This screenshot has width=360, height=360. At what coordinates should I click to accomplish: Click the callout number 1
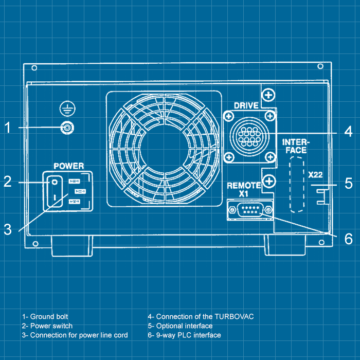coord(8,127)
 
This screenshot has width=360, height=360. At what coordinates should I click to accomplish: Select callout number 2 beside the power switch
coord(8,182)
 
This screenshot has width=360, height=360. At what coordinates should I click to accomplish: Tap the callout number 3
coord(8,230)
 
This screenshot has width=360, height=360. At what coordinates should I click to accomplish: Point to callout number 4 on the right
coord(348,131)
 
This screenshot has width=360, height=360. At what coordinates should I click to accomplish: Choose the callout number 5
coord(348,183)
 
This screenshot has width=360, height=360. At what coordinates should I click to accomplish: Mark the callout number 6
coord(348,239)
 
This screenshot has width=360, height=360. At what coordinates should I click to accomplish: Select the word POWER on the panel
coord(69,166)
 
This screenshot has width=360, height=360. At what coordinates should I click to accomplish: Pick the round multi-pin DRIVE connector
coord(249,136)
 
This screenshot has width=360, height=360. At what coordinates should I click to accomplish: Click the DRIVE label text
coord(246,105)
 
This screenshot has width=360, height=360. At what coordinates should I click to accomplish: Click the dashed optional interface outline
coord(295,185)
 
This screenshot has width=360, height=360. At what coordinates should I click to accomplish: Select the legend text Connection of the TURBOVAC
coord(201,316)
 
